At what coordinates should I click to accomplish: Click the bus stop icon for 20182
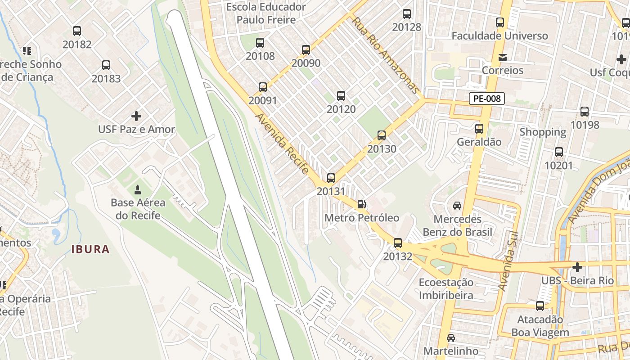[x=77, y=31]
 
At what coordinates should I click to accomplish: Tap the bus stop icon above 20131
[x=331, y=178]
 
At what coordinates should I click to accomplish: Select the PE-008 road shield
[x=486, y=99]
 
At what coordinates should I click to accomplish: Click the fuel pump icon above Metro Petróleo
[x=361, y=204]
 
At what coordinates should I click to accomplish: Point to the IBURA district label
[x=90, y=249]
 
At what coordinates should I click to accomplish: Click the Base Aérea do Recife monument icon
[x=137, y=189]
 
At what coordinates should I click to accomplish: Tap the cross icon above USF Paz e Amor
[x=136, y=116]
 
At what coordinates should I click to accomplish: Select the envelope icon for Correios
[x=502, y=57]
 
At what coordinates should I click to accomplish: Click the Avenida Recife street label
[x=282, y=143]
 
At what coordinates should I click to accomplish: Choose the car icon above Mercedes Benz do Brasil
[x=457, y=206]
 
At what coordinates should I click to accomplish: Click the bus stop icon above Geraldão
[x=479, y=129]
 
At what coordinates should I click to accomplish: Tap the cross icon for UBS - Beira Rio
[x=577, y=267]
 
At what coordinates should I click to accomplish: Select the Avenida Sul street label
[x=509, y=261]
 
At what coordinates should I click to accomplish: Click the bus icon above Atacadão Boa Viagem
[x=540, y=306]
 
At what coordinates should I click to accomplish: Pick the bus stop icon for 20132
[x=398, y=243]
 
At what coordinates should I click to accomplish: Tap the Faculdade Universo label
[x=499, y=36]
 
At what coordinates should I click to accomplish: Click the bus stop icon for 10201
[x=559, y=152]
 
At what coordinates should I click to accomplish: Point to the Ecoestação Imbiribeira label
[x=446, y=288]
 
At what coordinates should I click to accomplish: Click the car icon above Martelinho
[x=450, y=337]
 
